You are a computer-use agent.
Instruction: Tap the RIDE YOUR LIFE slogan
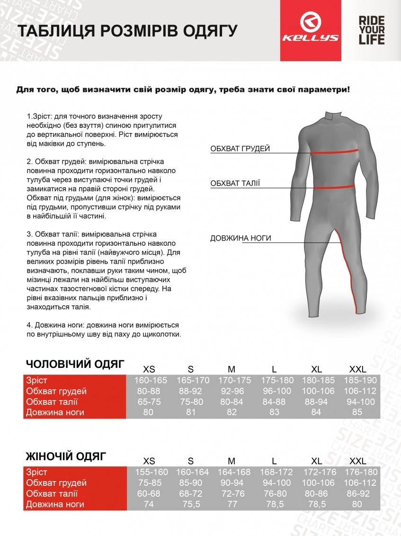click(371, 30)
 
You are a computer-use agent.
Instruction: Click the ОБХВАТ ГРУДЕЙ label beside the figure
click(240, 149)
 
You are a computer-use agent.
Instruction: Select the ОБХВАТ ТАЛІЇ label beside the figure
click(235, 184)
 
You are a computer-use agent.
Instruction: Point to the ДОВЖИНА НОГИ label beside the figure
click(241, 238)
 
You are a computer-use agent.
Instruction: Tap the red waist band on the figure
click(335, 187)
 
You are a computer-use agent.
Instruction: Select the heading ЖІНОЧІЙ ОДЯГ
click(66, 456)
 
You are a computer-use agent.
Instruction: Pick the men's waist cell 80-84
click(232, 402)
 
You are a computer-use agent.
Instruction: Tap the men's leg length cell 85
click(357, 412)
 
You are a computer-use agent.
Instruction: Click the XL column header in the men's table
click(317, 369)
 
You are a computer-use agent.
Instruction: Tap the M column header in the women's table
click(232, 461)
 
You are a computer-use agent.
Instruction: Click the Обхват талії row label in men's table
click(52, 402)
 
